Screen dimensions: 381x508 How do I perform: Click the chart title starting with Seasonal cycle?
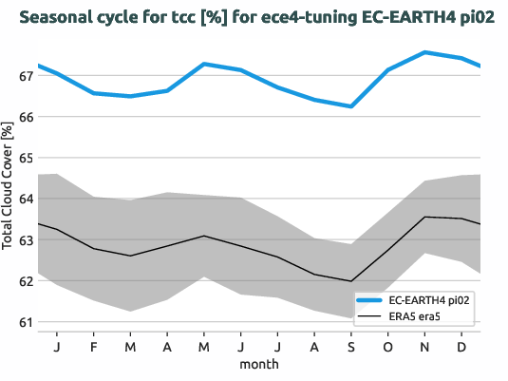[251, 18]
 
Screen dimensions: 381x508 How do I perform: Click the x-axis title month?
[258, 363]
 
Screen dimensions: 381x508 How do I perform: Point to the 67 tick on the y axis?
[26, 76]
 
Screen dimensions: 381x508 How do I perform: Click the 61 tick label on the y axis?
[26, 322]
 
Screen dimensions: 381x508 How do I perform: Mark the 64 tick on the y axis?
[26, 199]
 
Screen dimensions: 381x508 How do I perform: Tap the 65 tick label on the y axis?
[26, 158]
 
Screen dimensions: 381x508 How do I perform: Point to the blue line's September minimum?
[351, 106]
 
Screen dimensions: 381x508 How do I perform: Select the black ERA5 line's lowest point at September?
[351, 281]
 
